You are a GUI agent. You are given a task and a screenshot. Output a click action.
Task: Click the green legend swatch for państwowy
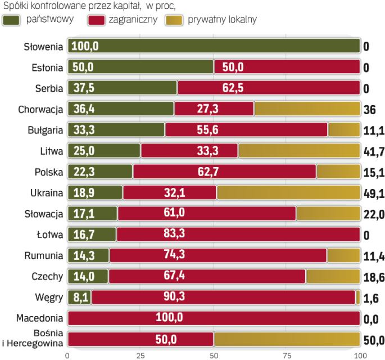pyautogui.click(x=13, y=20)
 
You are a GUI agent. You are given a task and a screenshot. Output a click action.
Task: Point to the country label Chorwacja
pyautogui.click(x=39, y=108)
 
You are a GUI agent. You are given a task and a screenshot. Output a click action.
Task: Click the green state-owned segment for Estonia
pyautogui.click(x=141, y=67)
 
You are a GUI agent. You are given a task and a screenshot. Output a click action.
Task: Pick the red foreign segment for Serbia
pyautogui.click(x=269, y=87)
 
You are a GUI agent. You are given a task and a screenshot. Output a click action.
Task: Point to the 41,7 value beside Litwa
pyautogui.click(x=373, y=151)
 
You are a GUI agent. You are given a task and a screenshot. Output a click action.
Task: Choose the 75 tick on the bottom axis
pyautogui.click(x=287, y=355)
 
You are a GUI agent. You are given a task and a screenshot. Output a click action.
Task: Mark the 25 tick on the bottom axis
pyautogui.click(x=141, y=355)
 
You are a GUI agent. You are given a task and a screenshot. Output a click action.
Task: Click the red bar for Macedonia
pyautogui.click(x=214, y=317)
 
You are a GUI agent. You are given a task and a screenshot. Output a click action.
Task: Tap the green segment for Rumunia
pyautogui.click(x=88, y=255)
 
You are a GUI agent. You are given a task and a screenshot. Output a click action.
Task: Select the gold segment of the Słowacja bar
pyautogui.click(x=328, y=214)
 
